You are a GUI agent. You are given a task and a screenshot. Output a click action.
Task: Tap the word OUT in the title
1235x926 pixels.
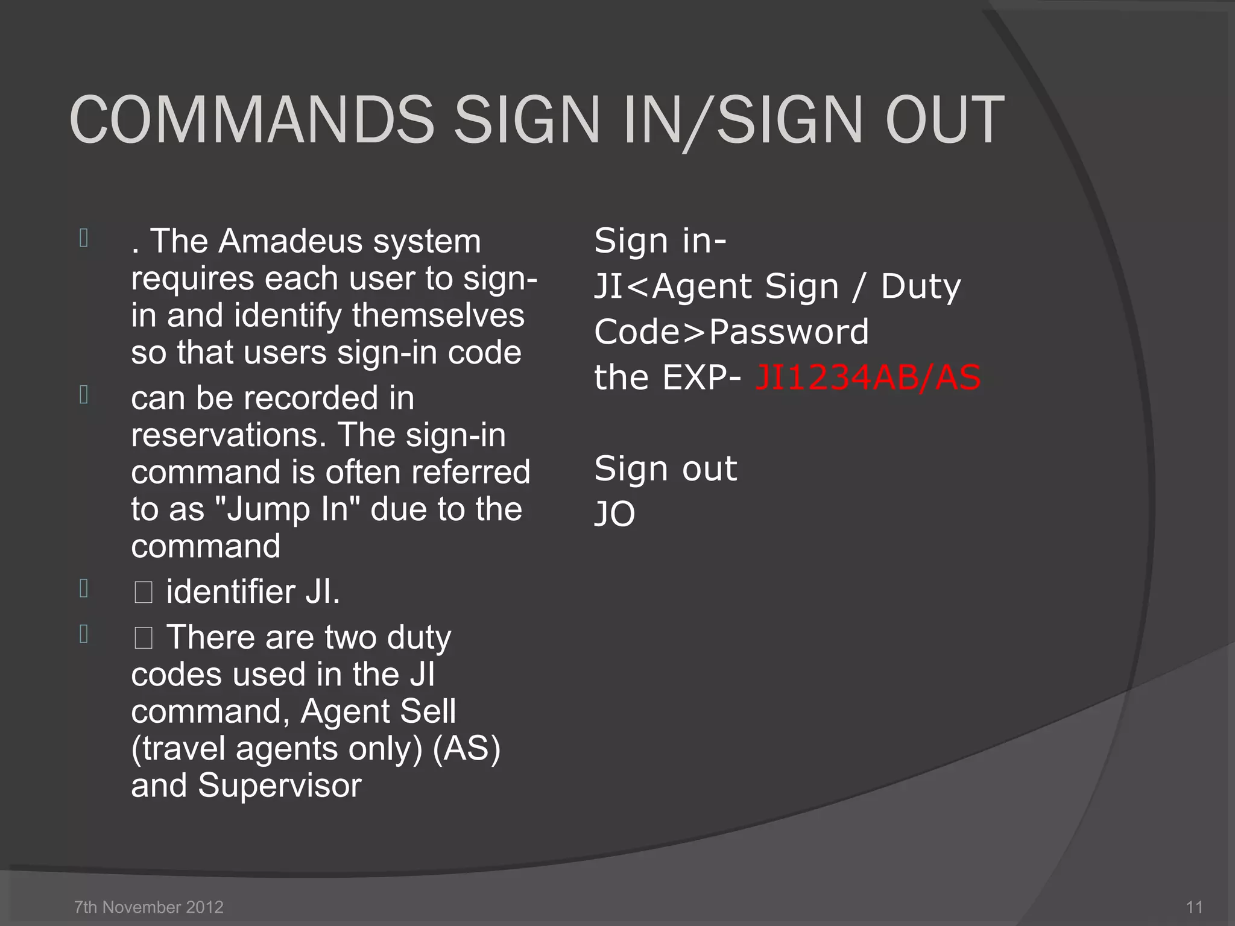pyautogui.click(x=944, y=120)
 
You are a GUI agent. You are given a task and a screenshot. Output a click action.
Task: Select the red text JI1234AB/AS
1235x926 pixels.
pyautogui.click(x=868, y=378)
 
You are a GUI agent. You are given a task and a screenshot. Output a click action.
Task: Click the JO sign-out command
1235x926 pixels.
pyautogui.click(x=614, y=514)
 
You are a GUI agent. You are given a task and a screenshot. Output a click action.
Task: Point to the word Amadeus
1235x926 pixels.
pyautogui.click(x=291, y=241)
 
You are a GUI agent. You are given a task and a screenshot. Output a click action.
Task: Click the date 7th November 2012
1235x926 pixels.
pyautogui.click(x=148, y=907)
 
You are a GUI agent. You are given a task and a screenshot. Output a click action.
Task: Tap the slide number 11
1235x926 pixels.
pyautogui.click(x=1194, y=907)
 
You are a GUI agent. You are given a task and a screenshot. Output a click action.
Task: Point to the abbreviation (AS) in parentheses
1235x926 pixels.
pyautogui.click(x=467, y=749)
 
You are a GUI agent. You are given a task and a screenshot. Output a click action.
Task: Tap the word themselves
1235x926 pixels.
pyautogui.click(x=438, y=315)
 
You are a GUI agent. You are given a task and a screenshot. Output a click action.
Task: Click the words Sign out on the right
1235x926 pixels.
pyautogui.click(x=665, y=468)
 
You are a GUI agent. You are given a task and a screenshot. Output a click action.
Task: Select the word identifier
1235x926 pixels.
pyautogui.click(x=230, y=591)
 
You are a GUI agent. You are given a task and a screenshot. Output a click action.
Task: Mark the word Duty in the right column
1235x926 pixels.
pyautogui.click(x=921, y=286)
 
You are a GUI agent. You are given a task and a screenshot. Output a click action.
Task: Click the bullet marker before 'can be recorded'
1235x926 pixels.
pyautogui.click(x=84, y=395)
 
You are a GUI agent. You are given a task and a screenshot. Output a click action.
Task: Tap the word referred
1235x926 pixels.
pyautogui.click(x=470, y=472)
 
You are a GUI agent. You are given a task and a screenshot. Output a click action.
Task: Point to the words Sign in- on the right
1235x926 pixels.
pyautogui.click(x=660, y=241)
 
